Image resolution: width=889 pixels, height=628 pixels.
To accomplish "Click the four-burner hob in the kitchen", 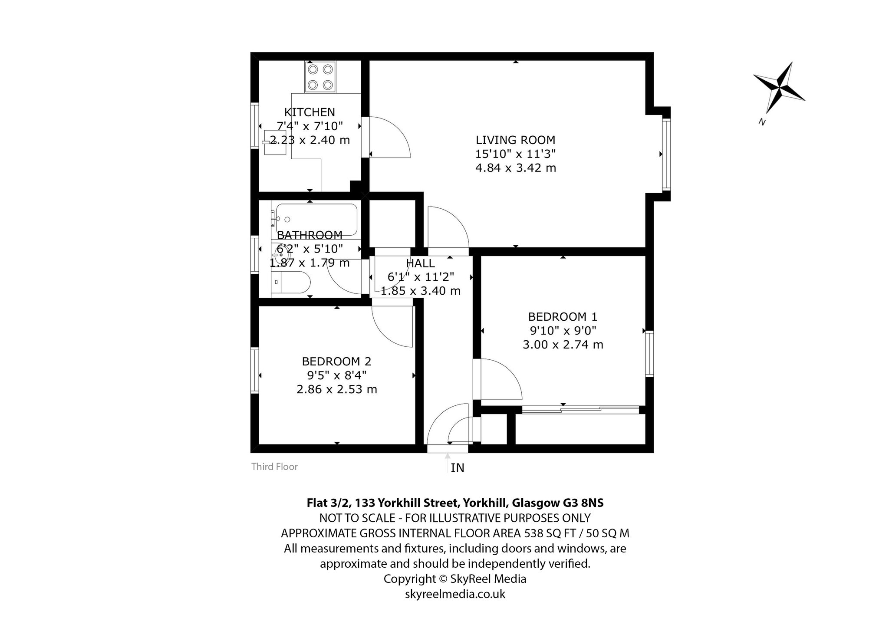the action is (320, 77).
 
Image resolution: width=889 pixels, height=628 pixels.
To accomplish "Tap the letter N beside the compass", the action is (761, 122).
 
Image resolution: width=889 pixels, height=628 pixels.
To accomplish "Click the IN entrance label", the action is (458, 468).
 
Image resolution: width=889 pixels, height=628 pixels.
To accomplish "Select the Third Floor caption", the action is (274, 467).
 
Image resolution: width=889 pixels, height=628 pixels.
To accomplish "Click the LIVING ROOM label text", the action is (516, 140).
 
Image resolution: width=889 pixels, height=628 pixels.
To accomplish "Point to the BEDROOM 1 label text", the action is (563, 316).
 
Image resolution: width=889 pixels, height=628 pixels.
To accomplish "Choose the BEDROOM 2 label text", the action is (337, 361).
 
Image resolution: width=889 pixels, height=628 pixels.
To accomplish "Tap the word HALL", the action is (420, 263).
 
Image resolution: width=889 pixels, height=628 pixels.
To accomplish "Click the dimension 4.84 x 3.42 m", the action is (516, 168).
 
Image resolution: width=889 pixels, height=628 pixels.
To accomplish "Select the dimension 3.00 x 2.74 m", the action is (563, 345).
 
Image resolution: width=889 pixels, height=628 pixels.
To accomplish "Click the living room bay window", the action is (666, 154).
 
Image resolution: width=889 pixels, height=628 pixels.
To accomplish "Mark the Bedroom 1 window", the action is (649, 353).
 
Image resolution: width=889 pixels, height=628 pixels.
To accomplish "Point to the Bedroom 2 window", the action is (255, 370).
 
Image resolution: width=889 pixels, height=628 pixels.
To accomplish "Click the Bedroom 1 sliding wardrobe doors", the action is (580, 408).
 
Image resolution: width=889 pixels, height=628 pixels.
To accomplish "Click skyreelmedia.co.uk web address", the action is (455, 594).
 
